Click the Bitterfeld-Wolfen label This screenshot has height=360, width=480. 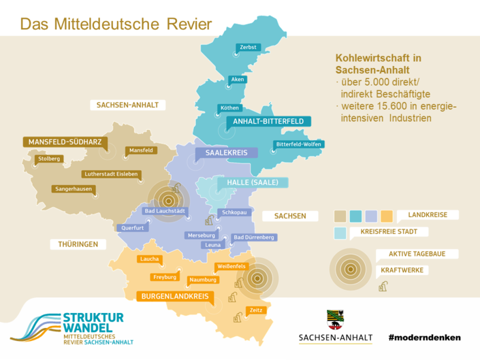click(x=298, y=144)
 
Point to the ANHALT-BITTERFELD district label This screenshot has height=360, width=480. click(x=268, y=122)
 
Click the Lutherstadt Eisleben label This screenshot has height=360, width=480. click(x=110, y=174)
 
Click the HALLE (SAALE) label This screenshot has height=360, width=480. click(x=253, y=183)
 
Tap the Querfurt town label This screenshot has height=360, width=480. click(x=132, y=229)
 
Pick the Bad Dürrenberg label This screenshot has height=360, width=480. click(x=253, y=238)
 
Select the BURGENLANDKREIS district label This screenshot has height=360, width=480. click(x=175, y=297)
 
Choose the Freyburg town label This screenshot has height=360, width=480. click(x=165, y=278)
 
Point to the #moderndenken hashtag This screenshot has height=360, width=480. click(x=424, y=338)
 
